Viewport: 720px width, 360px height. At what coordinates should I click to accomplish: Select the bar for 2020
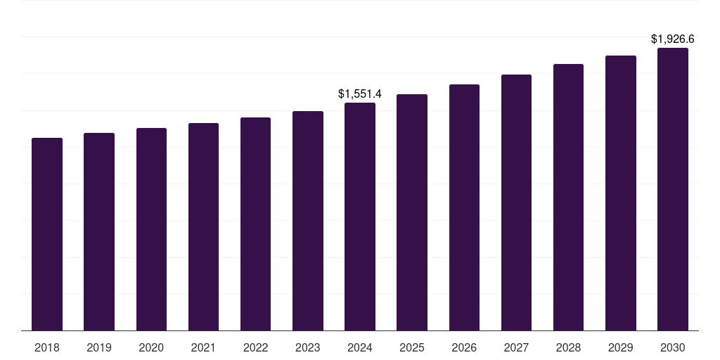[151, 229]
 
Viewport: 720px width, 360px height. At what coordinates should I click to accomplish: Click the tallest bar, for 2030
[673, 189]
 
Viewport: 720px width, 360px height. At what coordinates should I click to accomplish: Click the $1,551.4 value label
[360, 94]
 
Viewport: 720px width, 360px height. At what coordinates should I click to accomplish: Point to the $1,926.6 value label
[673, 39]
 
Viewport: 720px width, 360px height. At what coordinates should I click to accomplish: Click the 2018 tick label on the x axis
[47, 347]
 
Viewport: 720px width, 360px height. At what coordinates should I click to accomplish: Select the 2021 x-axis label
[203, 347]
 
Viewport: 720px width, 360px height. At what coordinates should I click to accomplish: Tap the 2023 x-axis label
[308, 347]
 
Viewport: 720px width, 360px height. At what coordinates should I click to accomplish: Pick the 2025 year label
[412, 347]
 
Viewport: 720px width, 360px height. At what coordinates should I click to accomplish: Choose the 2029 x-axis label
[621, 347]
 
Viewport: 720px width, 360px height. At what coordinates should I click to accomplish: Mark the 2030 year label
[673, 347]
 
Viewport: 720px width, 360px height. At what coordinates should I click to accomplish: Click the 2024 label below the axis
[360, 347]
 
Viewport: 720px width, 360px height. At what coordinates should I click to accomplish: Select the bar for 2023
[308, 221]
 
